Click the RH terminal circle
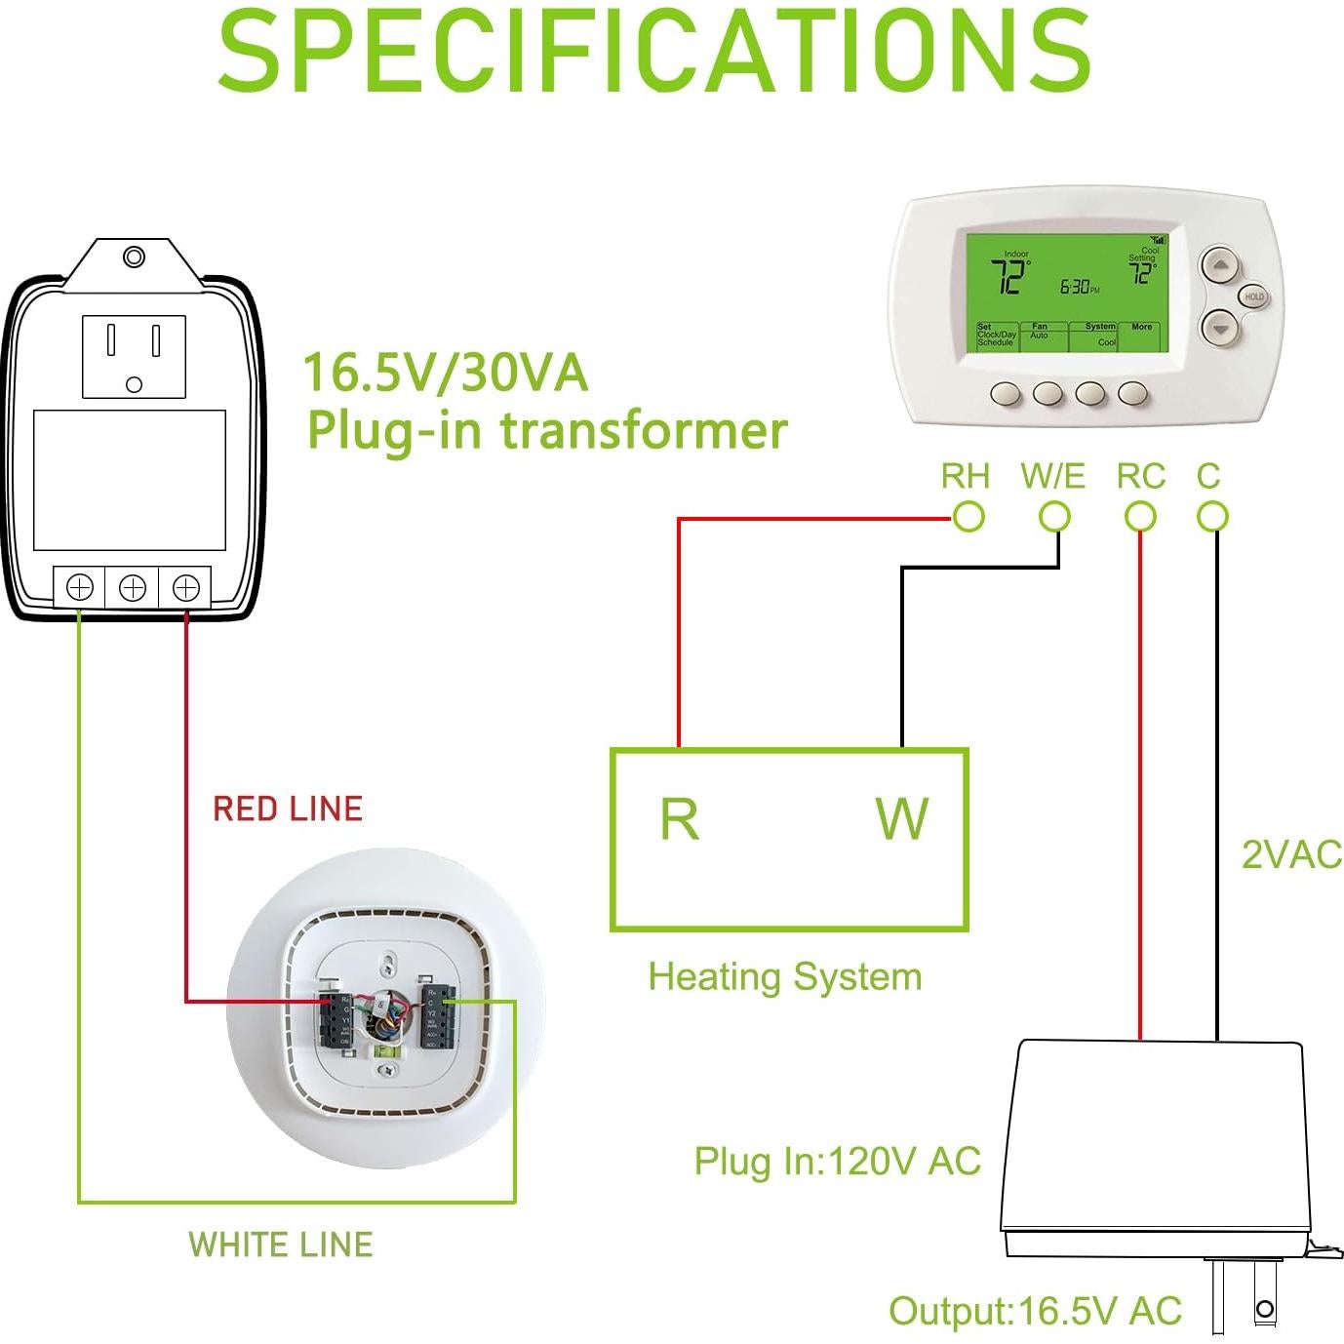point(968,517)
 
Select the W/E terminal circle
point(1054,517)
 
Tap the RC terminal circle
point(1140,517)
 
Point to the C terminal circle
point(1212,517)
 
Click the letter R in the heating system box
point(679,819)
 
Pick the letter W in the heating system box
point(901,819)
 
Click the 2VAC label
point(1291,854)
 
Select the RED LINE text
point(288,809)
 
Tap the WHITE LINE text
point(281,1245)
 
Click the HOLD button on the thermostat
point(1254,296)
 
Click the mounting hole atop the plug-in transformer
point(135,257)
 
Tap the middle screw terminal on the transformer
point(133,587)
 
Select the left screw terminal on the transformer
point(80,587)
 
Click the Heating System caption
point(785,976)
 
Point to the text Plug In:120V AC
point(837,1162)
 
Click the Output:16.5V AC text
point(1035,1311)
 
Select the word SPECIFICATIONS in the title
point(653,51)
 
